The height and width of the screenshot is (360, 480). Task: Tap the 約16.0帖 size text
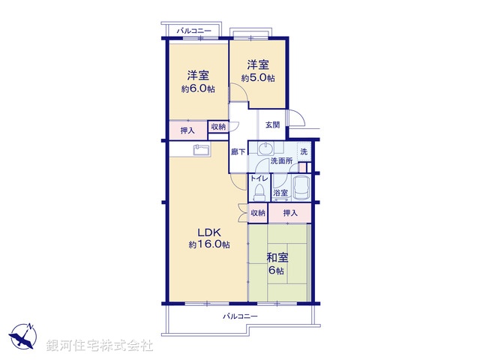pos(209,245)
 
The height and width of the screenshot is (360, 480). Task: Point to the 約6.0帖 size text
pos(198,88)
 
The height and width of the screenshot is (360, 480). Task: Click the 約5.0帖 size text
pos(258,78)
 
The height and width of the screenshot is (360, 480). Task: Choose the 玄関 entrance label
pos(271,124)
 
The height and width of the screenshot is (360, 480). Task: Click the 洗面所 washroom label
pos(281,160)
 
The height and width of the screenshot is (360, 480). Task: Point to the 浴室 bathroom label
pos(280,193)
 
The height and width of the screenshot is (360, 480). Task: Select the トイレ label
pos(259,178)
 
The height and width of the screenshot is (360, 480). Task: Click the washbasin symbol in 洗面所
pos(265,148)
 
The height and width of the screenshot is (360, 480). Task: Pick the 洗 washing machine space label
pos(304,151)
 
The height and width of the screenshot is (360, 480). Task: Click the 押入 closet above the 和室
pos(290,214)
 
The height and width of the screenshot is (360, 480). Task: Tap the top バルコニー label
pos(193,31)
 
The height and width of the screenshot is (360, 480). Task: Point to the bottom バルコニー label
pos(240,316)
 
